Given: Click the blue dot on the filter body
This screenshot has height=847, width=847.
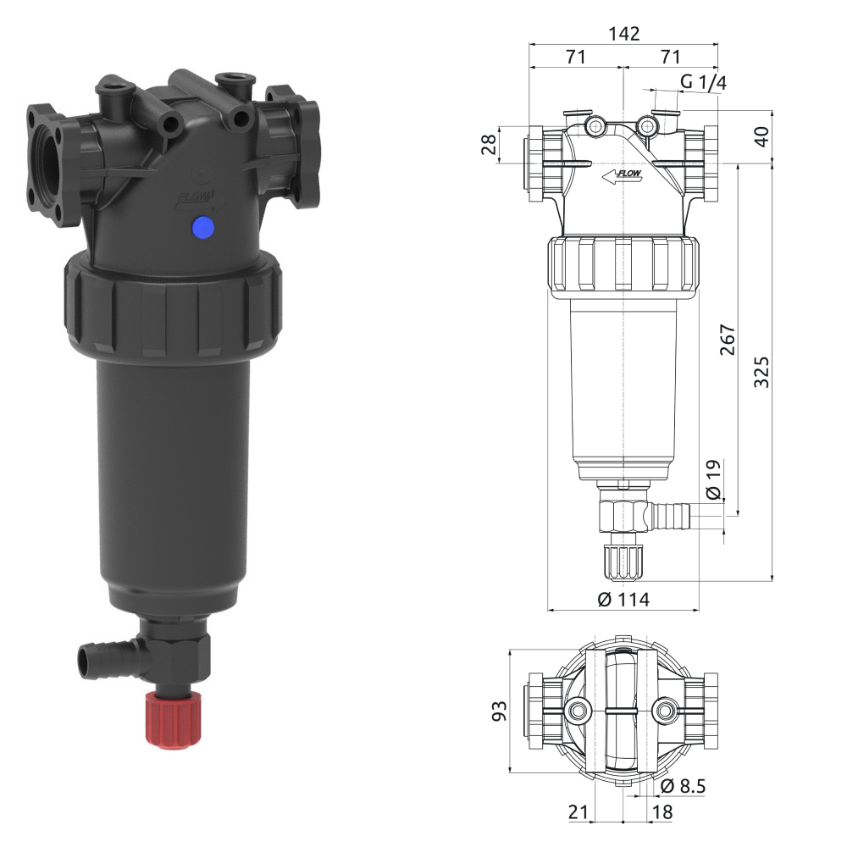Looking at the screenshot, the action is tap(203, 227).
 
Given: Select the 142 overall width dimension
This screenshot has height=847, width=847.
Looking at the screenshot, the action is tap(624, 34).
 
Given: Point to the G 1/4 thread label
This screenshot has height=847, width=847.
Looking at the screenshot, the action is tap(703, 82).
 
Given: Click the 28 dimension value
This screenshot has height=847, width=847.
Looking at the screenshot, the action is tap(489, 145).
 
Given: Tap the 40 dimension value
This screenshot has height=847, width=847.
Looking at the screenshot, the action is tap(761, 136).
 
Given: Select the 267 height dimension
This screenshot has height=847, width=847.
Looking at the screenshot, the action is tap(728, 340).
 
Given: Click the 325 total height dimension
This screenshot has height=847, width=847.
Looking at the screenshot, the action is tap(761, 372).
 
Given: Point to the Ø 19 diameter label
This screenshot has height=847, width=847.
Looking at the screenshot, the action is tap(713, 479).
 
